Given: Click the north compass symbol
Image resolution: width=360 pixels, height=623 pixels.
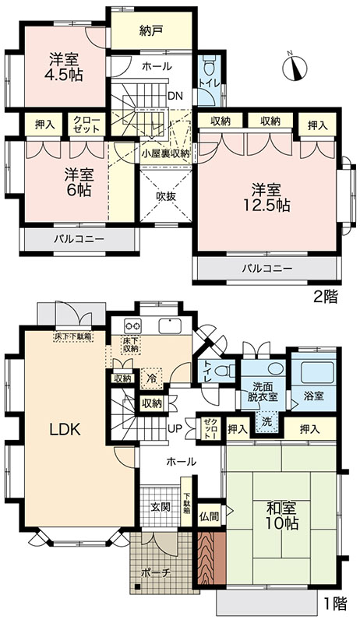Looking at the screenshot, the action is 295,66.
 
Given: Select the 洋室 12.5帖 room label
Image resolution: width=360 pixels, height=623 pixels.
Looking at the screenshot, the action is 266,197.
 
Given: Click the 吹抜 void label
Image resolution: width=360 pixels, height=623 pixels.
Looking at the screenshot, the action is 166,196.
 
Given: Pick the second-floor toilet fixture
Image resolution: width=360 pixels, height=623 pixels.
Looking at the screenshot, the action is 209,65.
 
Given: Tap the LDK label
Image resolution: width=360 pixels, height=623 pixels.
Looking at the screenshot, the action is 65,429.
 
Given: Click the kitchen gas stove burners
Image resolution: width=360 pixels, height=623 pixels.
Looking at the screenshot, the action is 132,326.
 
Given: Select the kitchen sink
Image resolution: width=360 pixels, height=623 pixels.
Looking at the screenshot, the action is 170,326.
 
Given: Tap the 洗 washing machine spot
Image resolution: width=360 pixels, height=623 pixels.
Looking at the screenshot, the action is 267,421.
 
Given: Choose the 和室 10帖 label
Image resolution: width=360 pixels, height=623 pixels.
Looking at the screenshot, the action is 282,515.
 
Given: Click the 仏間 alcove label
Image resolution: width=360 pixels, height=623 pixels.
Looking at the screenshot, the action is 209,516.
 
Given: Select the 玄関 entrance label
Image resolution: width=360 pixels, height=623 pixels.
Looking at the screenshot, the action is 161,507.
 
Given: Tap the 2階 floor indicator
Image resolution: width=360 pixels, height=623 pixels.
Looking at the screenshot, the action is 325,297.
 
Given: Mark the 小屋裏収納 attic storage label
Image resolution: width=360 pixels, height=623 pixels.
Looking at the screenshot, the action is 166,153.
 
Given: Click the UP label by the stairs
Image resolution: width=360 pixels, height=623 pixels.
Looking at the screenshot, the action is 175,429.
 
